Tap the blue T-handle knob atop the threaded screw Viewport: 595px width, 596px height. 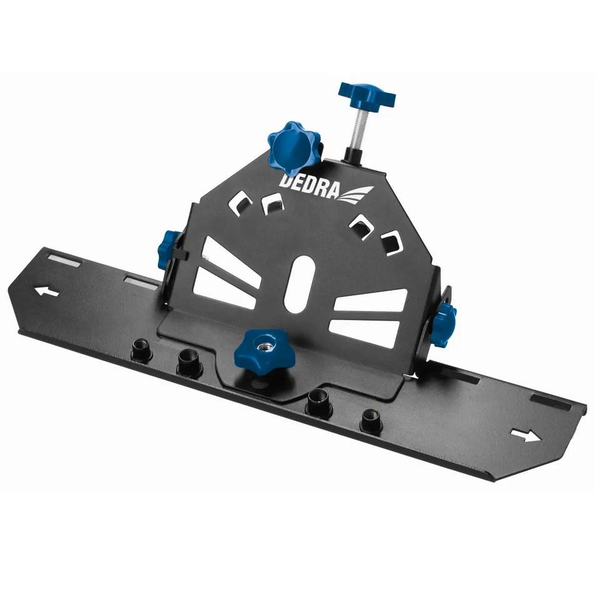click(367, 95)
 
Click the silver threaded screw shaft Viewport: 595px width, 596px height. click(357, 128)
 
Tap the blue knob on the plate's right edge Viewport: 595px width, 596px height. click(444, 324)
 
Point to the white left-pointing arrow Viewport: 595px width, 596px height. click(47, 291)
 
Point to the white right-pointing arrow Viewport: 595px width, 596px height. click(526, 436)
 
